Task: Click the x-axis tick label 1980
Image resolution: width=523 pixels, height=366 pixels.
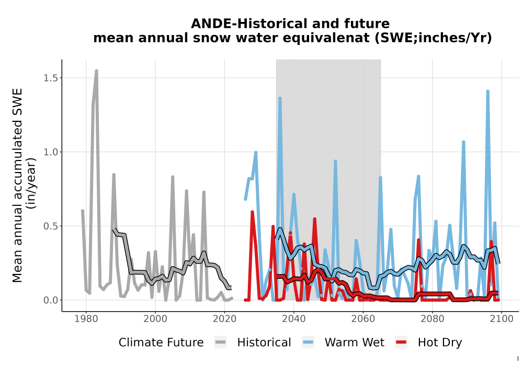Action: click(x=86, y=319)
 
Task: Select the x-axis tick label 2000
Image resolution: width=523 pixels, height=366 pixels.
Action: click(x=155, y=319)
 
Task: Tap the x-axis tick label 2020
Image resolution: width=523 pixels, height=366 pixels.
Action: click(x=224, y=319)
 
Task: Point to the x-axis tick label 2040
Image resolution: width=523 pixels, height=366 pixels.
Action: click(x=293, y=319)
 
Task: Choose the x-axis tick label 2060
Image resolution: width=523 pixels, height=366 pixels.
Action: click(x=363, y=319)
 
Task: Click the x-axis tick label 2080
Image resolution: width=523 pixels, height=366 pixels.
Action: click(x=433, y=319)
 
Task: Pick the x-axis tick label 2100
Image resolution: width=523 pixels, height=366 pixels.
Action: click(x=502, y=319)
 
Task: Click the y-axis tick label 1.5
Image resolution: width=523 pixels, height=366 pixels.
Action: click(x=51, y=78)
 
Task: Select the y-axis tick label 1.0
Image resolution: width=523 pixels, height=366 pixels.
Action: click(x=51, y=152)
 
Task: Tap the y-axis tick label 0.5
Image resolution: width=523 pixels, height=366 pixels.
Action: click(x=51, y=226)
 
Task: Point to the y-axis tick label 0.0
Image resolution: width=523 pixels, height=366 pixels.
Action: click(x=51, y=300)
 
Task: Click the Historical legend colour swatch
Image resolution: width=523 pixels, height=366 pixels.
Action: click(x=221, y=342)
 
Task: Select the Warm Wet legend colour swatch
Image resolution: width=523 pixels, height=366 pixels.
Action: click(x=308, y=342)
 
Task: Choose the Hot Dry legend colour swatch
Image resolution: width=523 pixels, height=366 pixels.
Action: click(x=401, y=342)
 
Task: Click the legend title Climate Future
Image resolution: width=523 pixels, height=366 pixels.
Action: click(x=161, y=342)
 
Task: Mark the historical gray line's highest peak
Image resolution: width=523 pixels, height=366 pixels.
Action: click(x=96, y=71)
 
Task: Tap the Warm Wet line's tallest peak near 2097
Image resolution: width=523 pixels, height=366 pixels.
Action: click(x=487, y=91)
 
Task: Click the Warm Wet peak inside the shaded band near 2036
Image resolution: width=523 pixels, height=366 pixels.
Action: click(x=280, y=98)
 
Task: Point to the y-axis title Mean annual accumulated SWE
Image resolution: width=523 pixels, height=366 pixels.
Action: click(x=17, y=185)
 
